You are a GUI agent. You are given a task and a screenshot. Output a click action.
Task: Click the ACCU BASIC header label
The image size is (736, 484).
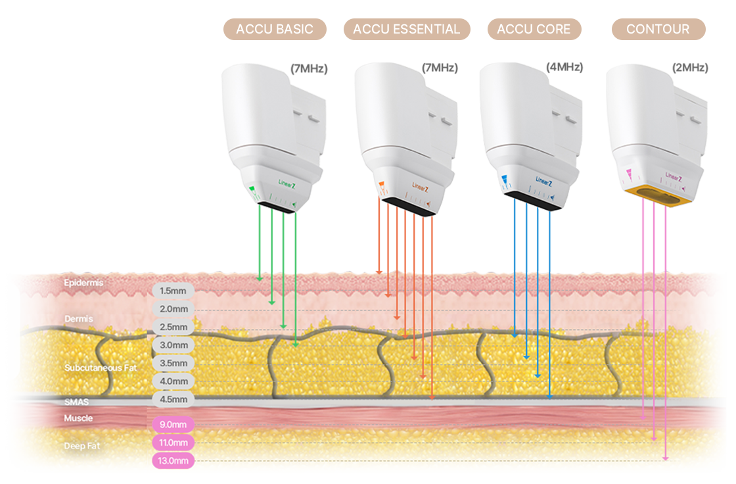point(275,30)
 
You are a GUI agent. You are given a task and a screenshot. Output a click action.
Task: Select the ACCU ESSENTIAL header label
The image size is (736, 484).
point(407,30)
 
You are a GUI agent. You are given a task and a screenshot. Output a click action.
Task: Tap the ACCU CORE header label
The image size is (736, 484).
point(534,30)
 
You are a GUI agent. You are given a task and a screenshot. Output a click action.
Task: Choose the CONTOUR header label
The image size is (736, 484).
point(658,30)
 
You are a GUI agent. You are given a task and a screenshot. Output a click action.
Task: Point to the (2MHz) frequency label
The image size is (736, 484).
point(690,68)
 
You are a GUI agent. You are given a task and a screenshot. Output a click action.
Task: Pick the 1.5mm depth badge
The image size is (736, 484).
point(173,291)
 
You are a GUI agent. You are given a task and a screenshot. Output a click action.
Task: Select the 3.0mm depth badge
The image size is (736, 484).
point(173,345)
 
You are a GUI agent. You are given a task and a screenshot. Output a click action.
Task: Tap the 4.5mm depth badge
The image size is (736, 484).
point(173,399)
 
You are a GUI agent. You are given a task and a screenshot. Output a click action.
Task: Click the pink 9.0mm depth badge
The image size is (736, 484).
point(173,425)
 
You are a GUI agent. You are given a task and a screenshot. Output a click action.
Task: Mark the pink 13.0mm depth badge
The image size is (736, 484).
point(173,461)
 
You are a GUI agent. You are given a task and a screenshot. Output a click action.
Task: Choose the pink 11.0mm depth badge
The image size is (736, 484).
point(173,443)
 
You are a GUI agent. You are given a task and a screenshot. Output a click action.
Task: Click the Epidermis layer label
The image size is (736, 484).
point(83,283)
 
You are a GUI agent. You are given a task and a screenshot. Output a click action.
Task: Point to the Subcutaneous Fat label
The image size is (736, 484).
point(101,368)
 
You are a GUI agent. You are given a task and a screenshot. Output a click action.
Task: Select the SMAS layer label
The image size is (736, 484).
point(76,402)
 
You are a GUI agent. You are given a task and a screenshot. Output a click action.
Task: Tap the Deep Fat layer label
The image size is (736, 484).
point(81,446)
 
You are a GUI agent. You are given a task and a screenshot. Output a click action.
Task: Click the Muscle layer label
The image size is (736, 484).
point(78,418)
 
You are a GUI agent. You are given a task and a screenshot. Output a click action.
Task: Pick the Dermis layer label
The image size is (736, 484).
point(79,319)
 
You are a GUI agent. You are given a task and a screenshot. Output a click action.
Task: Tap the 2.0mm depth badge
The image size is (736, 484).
point(173,309)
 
